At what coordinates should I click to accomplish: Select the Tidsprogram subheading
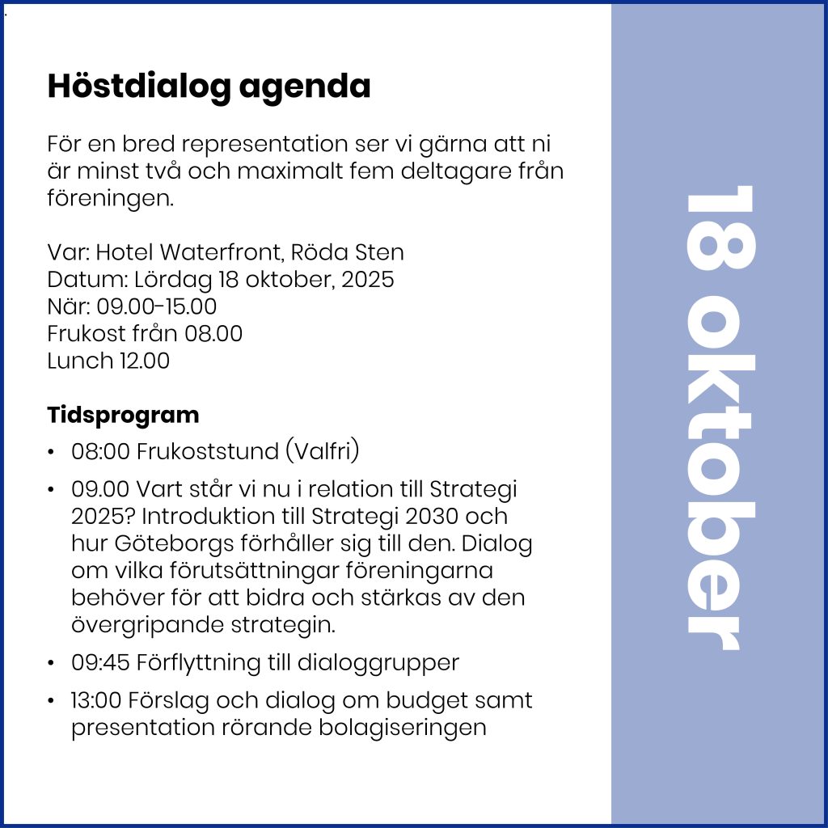[123, 416]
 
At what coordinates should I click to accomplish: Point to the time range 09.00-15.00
[157, 306]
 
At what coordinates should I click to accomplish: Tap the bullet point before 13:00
[52, 701]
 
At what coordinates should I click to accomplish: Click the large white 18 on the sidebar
[720, 230]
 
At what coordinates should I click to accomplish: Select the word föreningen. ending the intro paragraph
[110, 198]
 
